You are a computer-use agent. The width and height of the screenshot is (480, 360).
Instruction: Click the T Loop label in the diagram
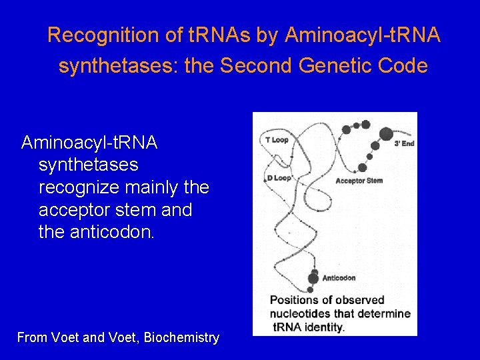(276, 140)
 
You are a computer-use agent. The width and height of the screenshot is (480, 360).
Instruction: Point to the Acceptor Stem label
(359, 181)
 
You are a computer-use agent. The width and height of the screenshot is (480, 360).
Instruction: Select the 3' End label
(404, 143)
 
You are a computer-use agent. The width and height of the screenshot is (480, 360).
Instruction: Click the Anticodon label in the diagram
(339, 278)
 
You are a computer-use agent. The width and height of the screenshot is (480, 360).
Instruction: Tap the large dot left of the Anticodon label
(313, 278)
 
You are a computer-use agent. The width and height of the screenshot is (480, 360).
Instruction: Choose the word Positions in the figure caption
(293, 300)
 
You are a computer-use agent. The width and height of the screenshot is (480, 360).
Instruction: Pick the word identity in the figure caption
(323, 327)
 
